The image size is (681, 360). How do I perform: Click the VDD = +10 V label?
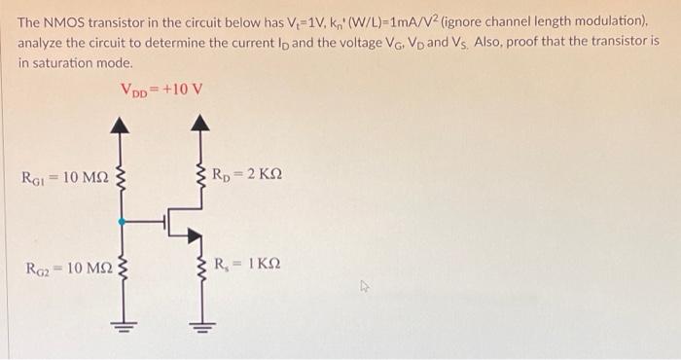(x=161, y=91)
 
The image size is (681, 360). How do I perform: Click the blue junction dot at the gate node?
(x=121, y=222)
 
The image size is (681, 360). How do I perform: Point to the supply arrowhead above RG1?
(x=121, y=125)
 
